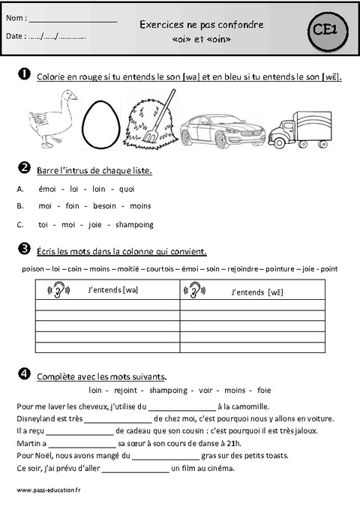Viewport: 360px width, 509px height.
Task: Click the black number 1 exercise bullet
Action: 22,75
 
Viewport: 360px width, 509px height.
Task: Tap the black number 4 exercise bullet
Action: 22,374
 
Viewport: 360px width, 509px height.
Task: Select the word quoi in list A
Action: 127,189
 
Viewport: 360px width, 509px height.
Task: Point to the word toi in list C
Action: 43,224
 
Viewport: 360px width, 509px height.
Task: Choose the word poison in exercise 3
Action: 33,268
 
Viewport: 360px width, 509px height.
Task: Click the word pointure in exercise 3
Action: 282,268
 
